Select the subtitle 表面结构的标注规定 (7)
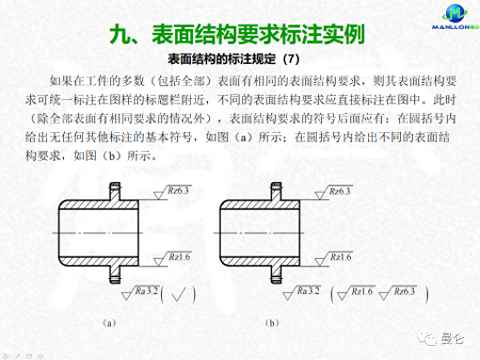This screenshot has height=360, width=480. click(234, 59)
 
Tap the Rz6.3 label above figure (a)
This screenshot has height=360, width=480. click(178, 190)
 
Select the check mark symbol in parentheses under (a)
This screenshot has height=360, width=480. click(178, 295)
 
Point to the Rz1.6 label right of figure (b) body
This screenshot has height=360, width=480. click(340, 257)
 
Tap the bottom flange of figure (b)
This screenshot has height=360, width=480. click(276, 272)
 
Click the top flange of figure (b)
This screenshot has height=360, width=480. click(276, 193)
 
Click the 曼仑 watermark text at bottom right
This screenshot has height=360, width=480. click(452, 339)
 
